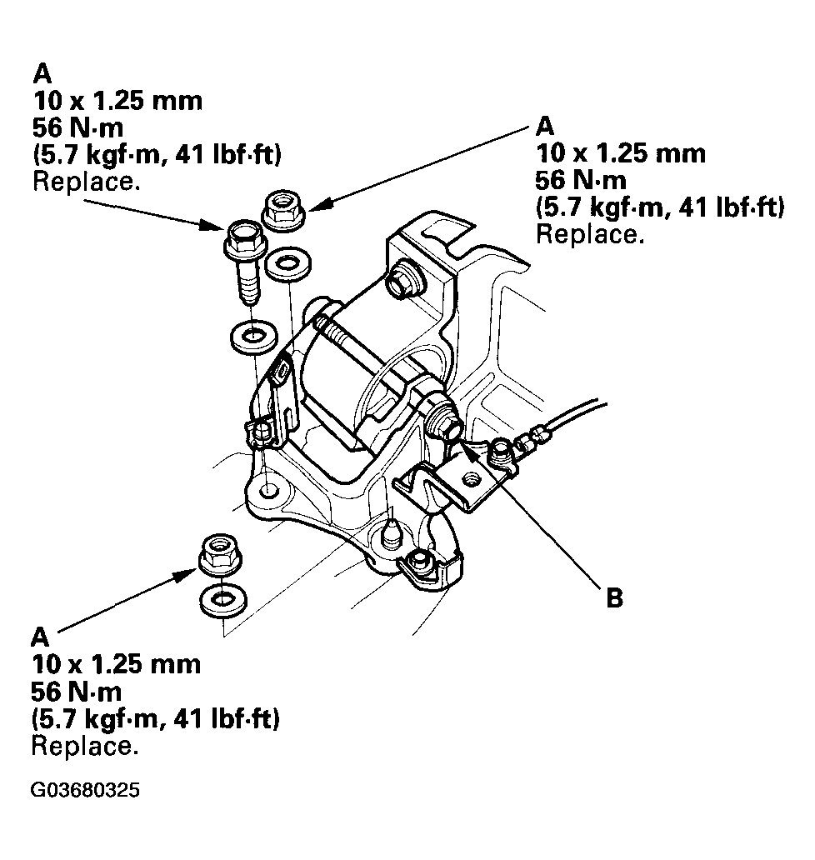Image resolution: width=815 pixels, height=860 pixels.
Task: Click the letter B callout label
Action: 614,598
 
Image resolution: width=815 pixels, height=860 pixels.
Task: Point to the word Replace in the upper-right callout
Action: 589,234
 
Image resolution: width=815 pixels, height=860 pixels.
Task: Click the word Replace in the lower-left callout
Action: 84,745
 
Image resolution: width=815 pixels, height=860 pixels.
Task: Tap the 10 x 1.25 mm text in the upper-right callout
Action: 621,153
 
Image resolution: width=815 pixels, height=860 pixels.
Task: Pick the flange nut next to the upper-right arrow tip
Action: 283,208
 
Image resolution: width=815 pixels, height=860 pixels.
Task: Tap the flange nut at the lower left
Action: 220,554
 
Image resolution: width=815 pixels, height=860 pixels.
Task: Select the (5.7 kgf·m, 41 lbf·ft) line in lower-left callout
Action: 155,717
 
